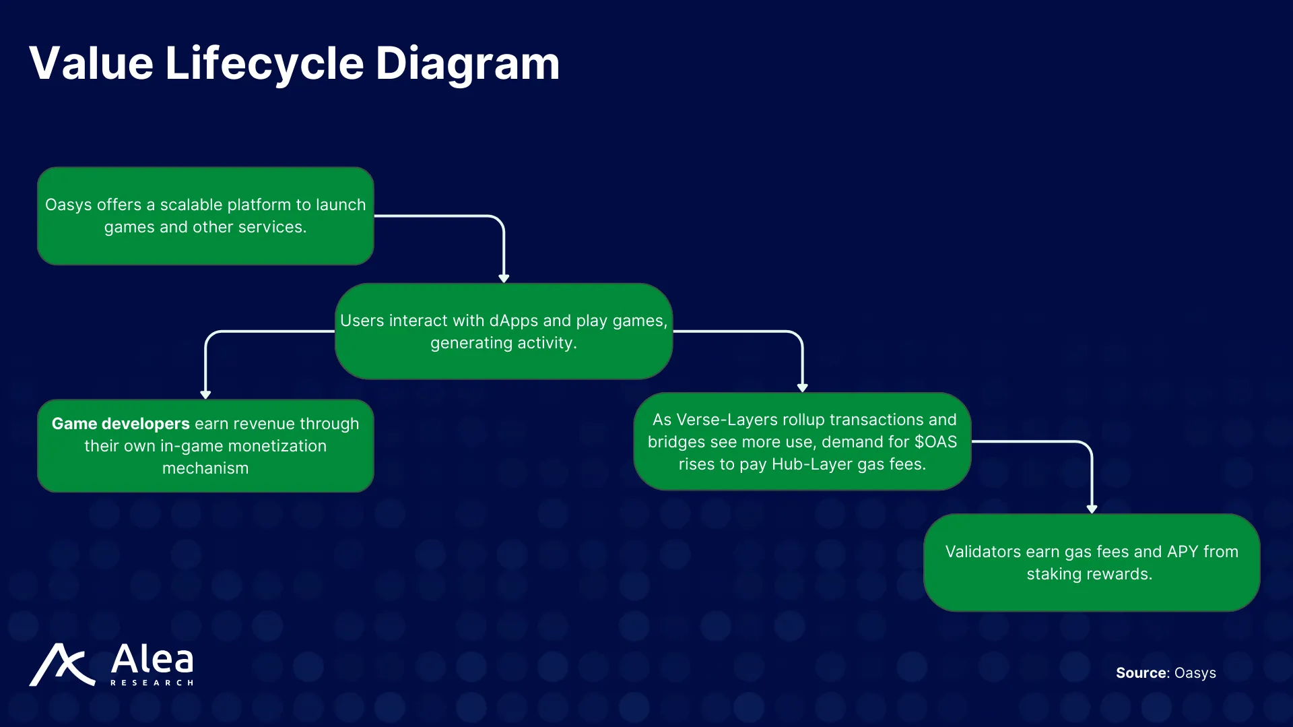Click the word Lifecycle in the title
click(x=264, y=64)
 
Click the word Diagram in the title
click(x=467, y=64)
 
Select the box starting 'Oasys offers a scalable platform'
click(x=205, y=216)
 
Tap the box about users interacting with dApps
click(x=504, y=331)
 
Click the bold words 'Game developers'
click(x=121, y=424)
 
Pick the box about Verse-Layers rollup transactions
click(x=802, y=442)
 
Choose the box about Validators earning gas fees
click(x=1091, y=563)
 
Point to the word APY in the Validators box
click(x=1182, y=552)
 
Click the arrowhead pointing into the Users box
click(x=504, y=278)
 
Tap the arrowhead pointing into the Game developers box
click(x=205, y=395)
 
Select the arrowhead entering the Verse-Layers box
click(x=802, y=387)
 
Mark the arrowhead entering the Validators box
click(x=1092, y=509)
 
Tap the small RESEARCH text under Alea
click(x=152, y=683)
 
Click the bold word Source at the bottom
click(x=1141, y=673)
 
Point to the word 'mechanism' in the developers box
click(x=205, y=468)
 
